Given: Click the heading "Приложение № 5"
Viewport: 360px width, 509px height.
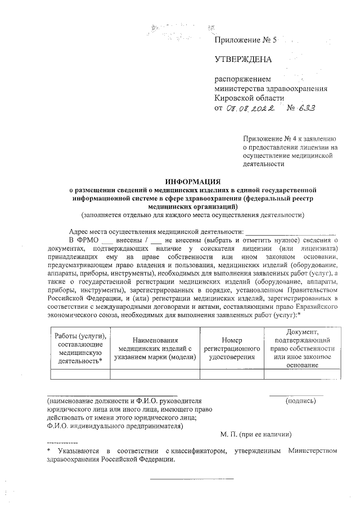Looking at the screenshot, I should click(246, 40).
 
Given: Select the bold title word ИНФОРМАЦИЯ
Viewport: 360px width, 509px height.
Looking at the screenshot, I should click(192, 182).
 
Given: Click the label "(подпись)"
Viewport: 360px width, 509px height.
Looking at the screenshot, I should click(301, 401).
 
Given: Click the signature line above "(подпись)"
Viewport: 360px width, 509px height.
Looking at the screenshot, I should click(296, 395).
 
